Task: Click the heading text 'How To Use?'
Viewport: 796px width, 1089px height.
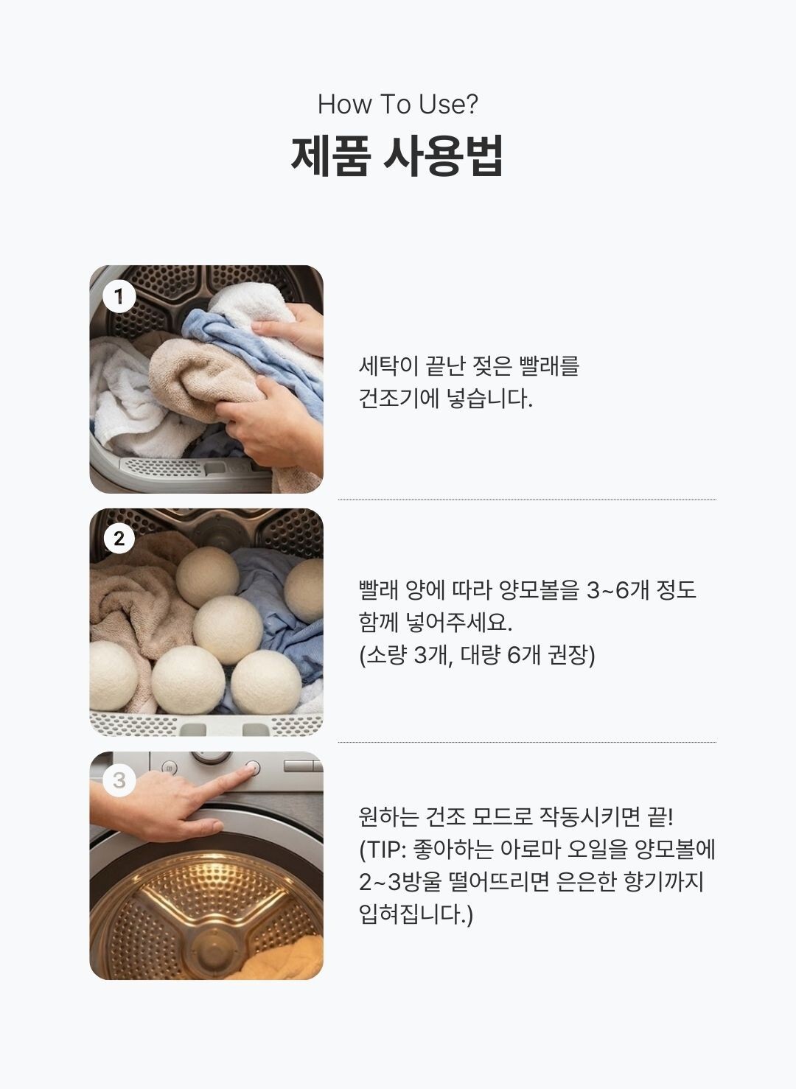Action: click(x=398, y=104)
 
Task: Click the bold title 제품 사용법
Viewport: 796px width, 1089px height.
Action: click(x=397, y=155)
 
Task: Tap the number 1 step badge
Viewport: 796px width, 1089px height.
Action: click(x=119, y=296)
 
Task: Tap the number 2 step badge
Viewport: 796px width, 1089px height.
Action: click(x=119, y=539)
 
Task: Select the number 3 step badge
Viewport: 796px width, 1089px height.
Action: click(x=119, y=781)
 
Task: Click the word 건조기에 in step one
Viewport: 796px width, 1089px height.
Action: click(x=399, y=399)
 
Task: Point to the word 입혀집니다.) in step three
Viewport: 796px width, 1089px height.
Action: click(x=415, y=914)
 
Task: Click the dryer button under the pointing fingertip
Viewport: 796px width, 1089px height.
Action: click(x=253, y=768)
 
